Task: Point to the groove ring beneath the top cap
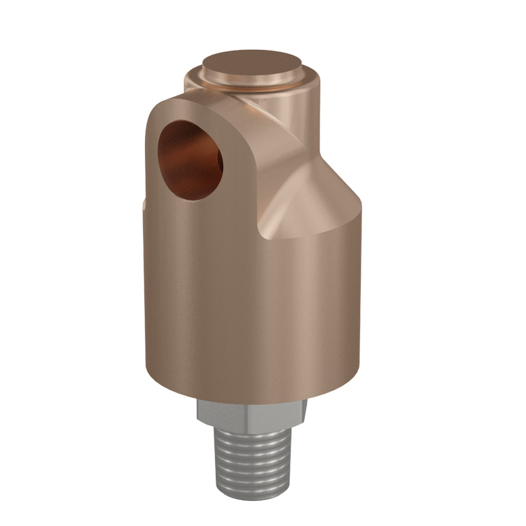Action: coord(252,86)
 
